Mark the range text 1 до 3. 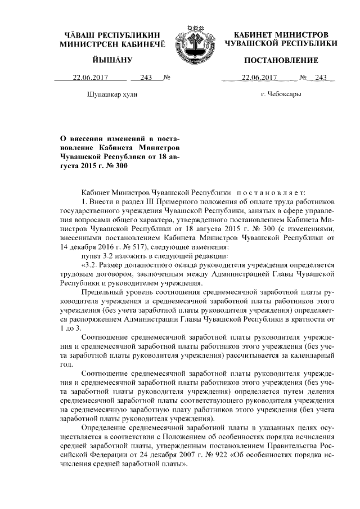tap(72, 327)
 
